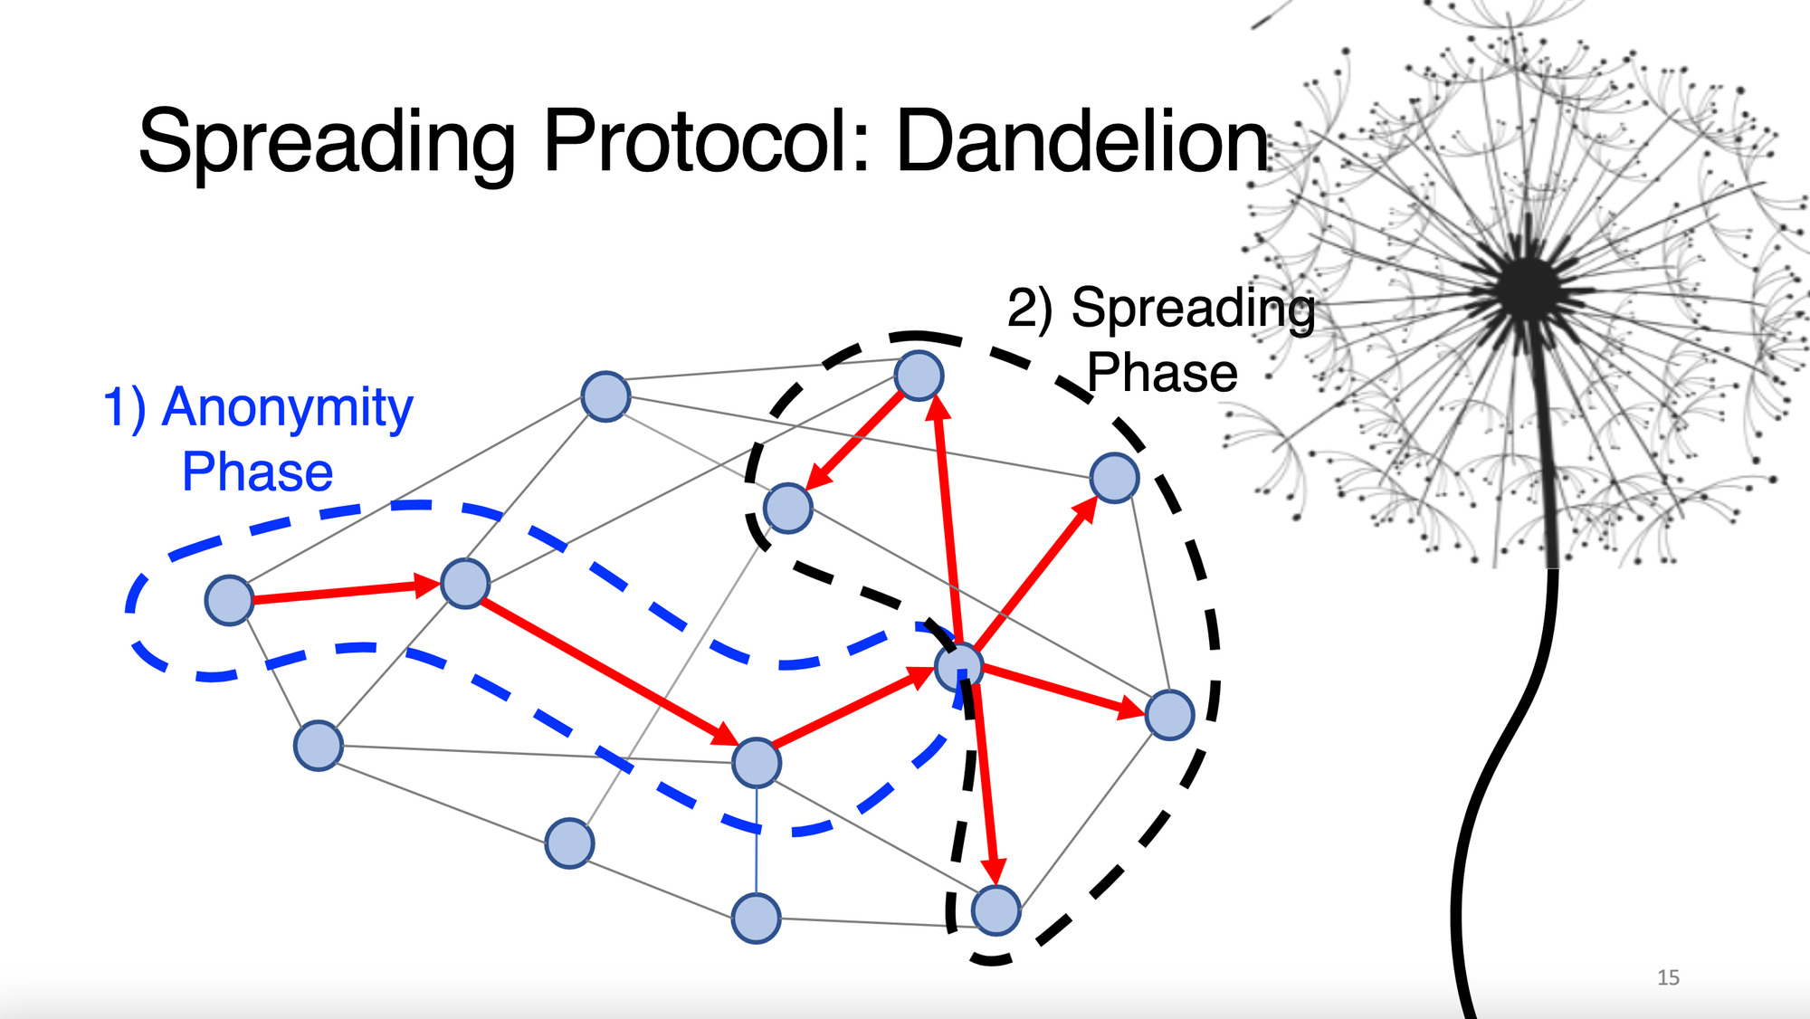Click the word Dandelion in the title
point(1082,141)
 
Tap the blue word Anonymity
point(287,409)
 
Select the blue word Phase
point(257,471)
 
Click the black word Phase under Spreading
point(1162,373)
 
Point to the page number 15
point(1668,977)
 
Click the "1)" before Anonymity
point(124,407)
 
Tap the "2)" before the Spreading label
point(1030,309)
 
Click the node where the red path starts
point(229,600)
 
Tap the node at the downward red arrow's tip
point(996,909)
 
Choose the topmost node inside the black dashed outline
point(919,376)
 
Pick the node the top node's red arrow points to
point(787,508)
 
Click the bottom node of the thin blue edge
point(756,919)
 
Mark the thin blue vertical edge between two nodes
point(757,842)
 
